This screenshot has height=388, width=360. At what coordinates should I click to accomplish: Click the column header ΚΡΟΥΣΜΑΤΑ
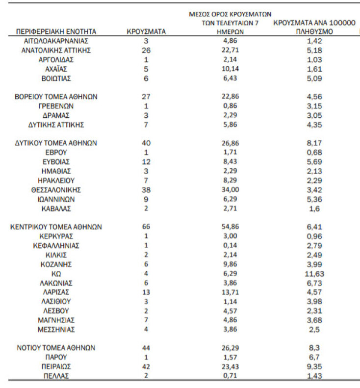point(146,31)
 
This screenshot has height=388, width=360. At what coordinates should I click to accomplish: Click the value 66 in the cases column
point(146,227)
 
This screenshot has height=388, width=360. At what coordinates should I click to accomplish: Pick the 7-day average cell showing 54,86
point(230,227)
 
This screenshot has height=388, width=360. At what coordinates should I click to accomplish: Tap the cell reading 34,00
point(230,190)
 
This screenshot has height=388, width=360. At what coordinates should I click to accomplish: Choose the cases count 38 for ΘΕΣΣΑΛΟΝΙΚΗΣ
point(146,190)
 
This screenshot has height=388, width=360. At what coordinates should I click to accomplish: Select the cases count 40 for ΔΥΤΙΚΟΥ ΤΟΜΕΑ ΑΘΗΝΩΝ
point(146,143)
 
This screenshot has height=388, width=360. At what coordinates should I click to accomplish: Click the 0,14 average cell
point(230,246)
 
